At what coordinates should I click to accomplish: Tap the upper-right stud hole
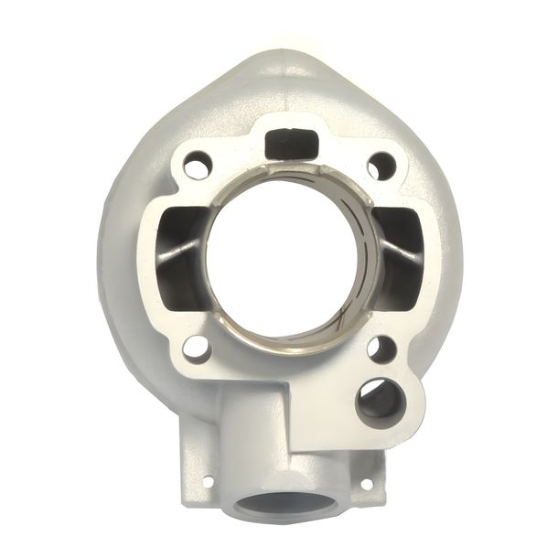382,166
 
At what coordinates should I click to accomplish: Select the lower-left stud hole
197,347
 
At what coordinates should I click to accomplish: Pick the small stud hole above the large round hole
382,348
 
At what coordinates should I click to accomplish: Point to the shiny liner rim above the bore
289,174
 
